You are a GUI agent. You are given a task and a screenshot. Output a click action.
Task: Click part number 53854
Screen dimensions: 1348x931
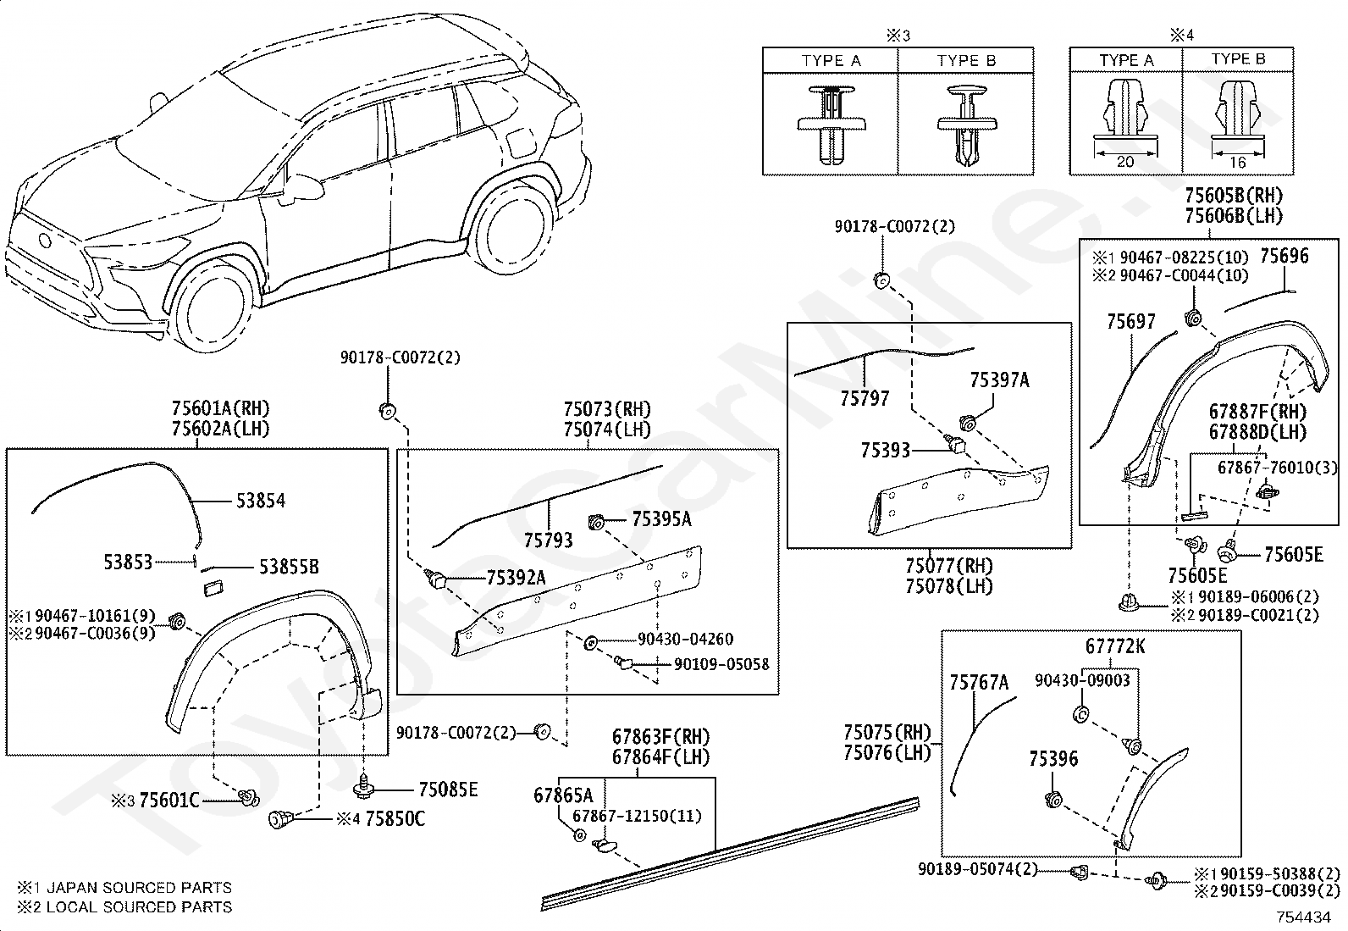point(261,501)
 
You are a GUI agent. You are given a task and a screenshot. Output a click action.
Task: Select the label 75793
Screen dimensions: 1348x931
point(548,540)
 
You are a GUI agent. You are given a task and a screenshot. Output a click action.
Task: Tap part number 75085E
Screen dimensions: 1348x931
point(448,790)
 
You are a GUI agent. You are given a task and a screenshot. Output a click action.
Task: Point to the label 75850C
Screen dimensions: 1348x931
point(395,819)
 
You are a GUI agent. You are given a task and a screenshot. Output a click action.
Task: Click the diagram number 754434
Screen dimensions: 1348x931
point(1304,917)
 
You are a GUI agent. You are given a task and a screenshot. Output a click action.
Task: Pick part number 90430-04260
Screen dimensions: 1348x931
point(686,639)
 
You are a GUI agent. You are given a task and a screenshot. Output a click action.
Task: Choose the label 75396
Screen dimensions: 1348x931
point(1053,759)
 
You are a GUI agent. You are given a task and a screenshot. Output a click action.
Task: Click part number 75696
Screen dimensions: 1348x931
point(1284,256)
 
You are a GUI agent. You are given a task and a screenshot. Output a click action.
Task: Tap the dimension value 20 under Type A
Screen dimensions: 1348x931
point(1124,162)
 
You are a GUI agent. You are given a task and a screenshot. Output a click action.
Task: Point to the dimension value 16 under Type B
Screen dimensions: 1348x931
point(1237,163)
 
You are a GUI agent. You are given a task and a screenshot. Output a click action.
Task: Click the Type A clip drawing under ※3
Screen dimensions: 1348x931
point(831,125)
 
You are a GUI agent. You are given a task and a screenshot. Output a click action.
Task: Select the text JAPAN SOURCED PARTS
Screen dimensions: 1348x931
point(139,888)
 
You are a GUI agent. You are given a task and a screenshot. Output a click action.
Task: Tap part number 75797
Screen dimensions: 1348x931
point(865,398)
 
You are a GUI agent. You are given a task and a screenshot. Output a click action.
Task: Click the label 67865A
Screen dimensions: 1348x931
point(563,795)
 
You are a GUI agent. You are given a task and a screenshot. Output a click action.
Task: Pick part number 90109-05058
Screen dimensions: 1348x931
point(721,664)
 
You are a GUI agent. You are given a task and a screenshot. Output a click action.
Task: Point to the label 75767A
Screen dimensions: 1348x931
point(979,682)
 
